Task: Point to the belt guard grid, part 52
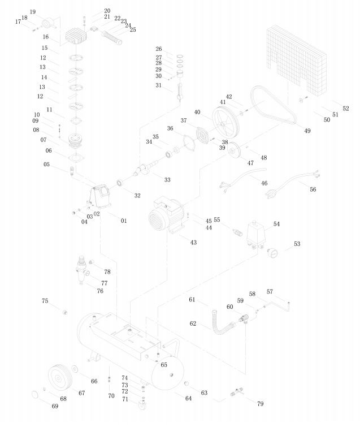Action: [297, 57]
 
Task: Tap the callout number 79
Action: [260, 404]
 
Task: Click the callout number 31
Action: [159, 85]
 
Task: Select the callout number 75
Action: [45, 301]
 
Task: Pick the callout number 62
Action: [193, 324]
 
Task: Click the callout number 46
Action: [263, 183]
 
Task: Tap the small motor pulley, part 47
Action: [232, 151]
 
